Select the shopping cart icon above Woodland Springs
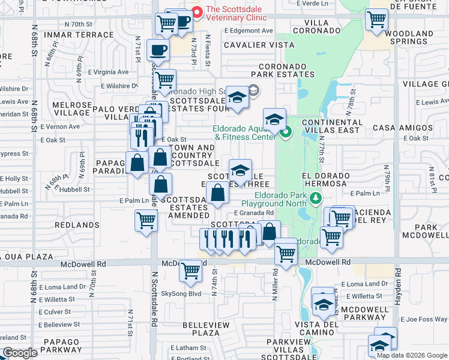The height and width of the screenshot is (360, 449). click(x=376, y=20)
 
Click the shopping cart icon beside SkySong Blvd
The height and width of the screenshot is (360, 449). click(x=190, y=271)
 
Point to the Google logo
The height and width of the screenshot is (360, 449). click(x=20, y=353)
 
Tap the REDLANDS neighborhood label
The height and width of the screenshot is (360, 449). click(x=77, y=225)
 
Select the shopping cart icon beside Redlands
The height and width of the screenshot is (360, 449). click(x=146, y=221)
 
